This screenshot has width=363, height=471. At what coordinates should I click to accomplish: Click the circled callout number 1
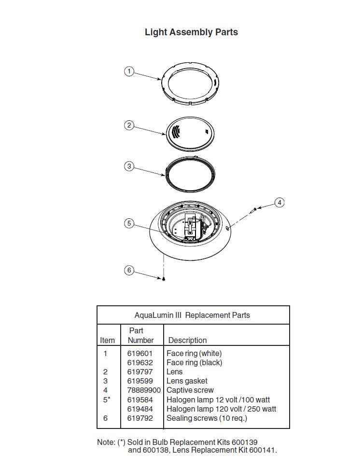(129, 71)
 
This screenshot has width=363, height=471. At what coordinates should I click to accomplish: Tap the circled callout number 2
(129, 125)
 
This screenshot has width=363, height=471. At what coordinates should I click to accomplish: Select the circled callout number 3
(129, 166)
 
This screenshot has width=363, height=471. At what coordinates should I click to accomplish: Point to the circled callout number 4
(279, 202)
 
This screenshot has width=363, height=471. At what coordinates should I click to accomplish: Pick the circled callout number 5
(129, 223)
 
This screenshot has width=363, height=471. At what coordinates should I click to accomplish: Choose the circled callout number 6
(129, 270)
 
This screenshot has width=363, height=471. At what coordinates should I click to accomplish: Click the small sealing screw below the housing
(164, 279)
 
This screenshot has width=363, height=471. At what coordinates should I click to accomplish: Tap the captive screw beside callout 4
(253, 211)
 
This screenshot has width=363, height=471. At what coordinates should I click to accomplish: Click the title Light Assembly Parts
(191, 32)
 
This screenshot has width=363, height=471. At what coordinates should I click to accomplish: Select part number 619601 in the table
(140, 353)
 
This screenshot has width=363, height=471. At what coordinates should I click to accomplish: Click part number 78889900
(144, 390)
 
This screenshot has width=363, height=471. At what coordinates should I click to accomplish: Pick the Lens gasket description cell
(187, 381)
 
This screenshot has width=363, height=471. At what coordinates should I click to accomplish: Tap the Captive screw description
(190, 390)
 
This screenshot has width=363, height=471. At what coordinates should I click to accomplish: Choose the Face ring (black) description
(194, 363)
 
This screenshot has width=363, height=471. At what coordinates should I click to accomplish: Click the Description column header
(187, 341)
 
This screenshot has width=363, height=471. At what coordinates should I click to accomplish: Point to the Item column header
(108, 341)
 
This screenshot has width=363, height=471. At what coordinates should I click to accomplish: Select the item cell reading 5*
(107, 400)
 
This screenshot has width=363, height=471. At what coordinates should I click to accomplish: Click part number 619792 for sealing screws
(140, 418)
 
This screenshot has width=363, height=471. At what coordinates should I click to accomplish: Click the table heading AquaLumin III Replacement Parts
(192, 315)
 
